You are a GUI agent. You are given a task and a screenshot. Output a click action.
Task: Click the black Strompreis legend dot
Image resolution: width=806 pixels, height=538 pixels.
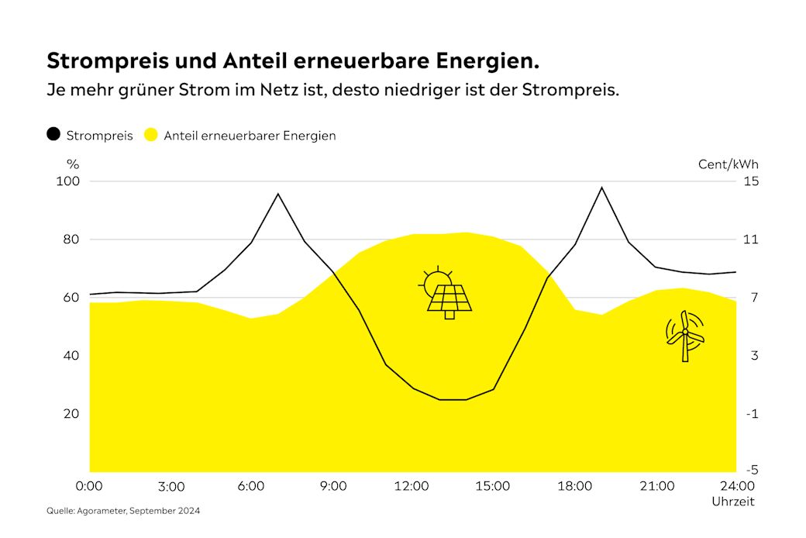click(53, 134)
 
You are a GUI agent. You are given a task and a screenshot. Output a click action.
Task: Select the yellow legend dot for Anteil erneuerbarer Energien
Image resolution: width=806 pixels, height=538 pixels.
click(151, 134)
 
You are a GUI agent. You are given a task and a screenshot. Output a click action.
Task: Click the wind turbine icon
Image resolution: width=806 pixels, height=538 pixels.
click(685, 336)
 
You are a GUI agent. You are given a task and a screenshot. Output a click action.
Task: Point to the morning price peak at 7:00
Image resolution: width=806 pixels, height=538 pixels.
click(278, 194)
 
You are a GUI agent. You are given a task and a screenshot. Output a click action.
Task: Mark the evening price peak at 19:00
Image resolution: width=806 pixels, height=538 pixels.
click(601, 188)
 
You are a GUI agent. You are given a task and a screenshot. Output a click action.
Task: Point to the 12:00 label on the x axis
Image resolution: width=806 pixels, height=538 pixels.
click(412, 486)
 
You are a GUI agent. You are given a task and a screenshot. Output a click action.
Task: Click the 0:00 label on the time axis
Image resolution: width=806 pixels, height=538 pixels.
click(90, 486)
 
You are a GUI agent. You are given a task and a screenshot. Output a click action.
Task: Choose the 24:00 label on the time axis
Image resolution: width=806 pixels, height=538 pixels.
click(736, 486)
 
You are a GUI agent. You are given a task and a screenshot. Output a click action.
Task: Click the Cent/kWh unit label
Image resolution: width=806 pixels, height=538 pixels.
click(728, 164)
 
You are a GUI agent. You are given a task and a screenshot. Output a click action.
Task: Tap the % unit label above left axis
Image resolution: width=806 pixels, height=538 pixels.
click(73, 164)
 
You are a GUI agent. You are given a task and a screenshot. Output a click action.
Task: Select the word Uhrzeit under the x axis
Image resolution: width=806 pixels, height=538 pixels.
click(732, 502)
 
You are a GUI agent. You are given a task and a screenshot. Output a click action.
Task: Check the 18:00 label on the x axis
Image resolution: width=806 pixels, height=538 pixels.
click(573, 486)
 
